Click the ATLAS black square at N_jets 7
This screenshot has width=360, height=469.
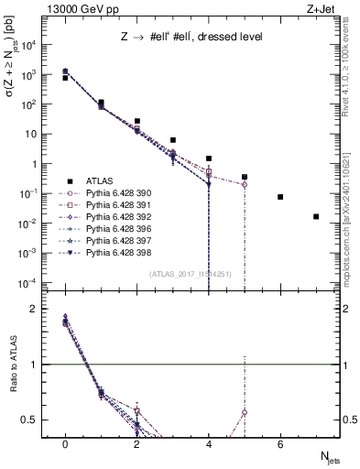point(316,217)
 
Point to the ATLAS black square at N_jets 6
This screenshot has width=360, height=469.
point(280,197)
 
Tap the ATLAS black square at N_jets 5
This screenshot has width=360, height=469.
point(245,177)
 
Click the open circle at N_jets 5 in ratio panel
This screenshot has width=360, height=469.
point(245,412)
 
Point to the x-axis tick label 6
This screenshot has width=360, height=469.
point(280,444)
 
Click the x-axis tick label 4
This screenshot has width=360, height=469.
point(209,444)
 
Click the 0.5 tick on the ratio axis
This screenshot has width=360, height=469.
point(33,420)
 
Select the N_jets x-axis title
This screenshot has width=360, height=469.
point(326,459)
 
